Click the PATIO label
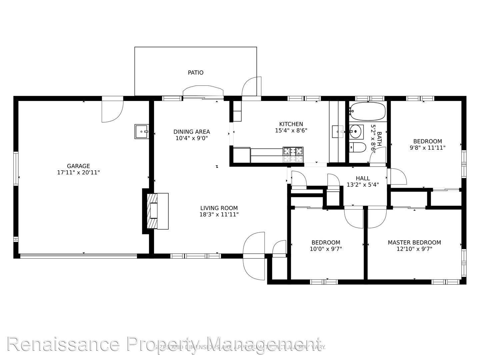click(195, 73)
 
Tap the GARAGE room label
click(78, 166)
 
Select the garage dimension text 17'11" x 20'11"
click(78, 173)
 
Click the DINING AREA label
click(191, 132)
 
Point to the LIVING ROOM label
click(219, 208)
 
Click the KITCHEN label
click(291, 124)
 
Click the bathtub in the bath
click(368, 111)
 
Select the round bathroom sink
click(356, 132)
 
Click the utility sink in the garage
click(142, 131)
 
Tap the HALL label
click(362, 178)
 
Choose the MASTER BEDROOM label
click(414, 243)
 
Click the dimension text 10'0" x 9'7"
click(326, 249)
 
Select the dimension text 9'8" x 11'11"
click(427, 148)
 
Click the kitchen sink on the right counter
click(338, 131)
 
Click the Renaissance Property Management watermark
click(163, 344)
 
